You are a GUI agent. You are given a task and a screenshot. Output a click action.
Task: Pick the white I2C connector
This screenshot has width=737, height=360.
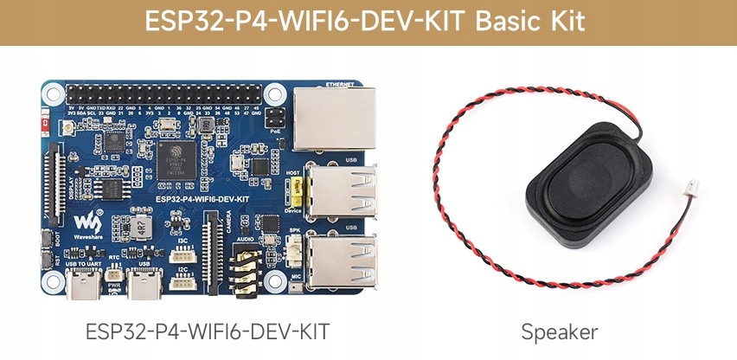(182, 282)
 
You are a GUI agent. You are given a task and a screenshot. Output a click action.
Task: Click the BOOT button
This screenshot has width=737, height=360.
(47, 238)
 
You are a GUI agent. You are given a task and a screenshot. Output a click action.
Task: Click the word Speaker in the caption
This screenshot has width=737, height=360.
(560, 331)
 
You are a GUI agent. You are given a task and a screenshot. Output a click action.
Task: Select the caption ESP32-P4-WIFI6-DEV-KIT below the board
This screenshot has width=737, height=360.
(208, 331)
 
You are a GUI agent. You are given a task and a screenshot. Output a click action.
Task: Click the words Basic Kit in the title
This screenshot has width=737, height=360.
(535, 22)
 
